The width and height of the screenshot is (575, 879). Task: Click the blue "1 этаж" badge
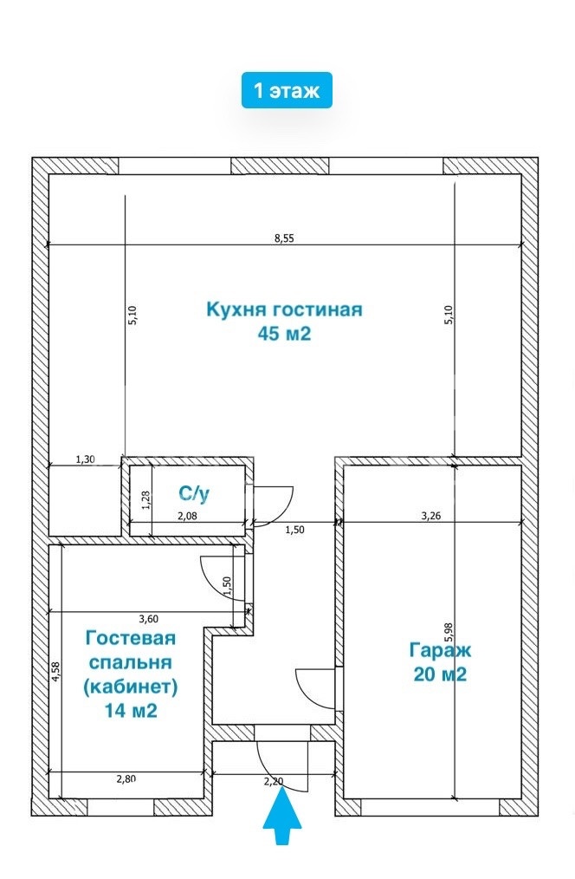(287, 89)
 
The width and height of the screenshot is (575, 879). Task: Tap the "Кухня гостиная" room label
(284, 309)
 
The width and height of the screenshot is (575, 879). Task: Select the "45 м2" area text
(284, 334)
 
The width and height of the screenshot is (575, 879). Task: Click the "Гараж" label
(440, 650)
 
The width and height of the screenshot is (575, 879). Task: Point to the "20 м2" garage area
(440, 674)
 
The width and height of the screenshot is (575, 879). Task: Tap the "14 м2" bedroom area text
(131, 711)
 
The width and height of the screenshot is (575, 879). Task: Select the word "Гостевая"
(131, 638)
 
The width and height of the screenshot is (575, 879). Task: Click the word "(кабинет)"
(131, 687)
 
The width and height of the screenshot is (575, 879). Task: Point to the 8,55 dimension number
(284, 238)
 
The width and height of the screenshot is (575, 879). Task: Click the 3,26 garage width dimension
(430, 517)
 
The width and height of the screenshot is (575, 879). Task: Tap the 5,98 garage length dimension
(448, 632)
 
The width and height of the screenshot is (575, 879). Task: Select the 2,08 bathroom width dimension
(187, 517)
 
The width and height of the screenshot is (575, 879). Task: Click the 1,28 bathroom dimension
(145, 499)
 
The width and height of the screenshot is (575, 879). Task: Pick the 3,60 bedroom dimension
(148, 619)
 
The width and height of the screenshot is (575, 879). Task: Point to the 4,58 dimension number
(55, 672)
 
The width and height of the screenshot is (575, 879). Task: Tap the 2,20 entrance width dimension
(274, 781)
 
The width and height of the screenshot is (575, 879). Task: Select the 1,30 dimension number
(85, 459)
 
